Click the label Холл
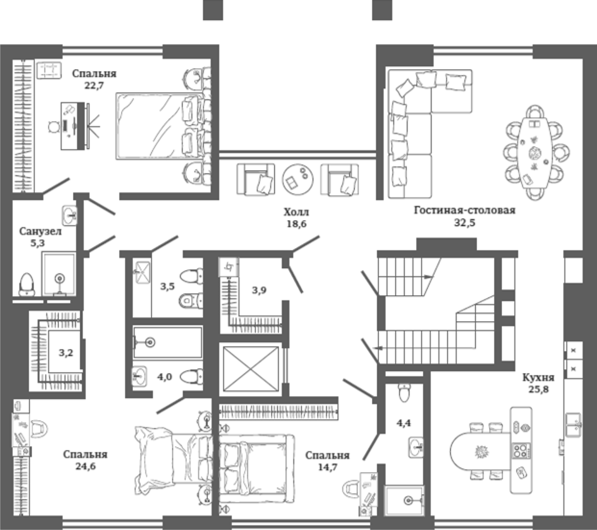coord(296,212)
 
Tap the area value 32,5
coord(464,222)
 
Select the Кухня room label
coord(538,377)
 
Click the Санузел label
coord(40,231)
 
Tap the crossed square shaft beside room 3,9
coord(251,369)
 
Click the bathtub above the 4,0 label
coord(168,342)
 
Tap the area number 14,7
coord(328,467)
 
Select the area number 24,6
coord(86,466)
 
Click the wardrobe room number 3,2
coord(66,353)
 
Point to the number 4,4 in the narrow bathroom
coord(404,423)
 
